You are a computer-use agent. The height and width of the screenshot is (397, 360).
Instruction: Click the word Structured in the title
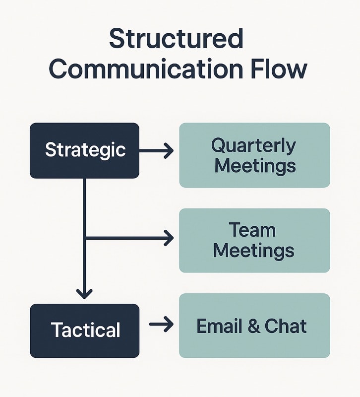(x=176, y=39)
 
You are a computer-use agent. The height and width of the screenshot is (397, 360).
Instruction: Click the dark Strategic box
(x=84, y=150)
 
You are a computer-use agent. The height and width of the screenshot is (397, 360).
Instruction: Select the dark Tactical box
(x=84, y=331)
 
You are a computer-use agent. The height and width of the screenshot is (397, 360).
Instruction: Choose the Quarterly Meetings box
(x=254, y=155)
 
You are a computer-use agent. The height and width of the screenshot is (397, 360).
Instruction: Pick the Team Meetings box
(x=254, y=240)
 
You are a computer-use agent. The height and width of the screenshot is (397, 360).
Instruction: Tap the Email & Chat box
(x=254, y=326)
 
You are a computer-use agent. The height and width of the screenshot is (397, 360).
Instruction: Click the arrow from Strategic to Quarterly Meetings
(x=156, y=150)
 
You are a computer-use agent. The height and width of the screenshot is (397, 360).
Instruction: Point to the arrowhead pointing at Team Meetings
(x=169, y=238)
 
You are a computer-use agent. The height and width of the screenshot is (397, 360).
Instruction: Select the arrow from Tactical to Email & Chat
(x=161, y=325)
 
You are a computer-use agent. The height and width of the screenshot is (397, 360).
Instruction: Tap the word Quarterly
(x=253, y=146)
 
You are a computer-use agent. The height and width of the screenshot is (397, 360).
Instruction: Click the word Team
(x=252, y=230)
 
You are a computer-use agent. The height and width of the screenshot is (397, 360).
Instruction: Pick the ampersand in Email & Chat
(x=253, y=326)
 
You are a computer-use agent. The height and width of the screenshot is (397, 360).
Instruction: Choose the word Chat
(x=286, y=326)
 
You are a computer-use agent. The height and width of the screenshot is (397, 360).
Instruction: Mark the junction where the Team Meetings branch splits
(x=85, y=239)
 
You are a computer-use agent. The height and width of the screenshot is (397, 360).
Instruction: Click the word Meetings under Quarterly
(x=255, y=165)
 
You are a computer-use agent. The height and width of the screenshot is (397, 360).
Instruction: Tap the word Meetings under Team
(x=253, y=250)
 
